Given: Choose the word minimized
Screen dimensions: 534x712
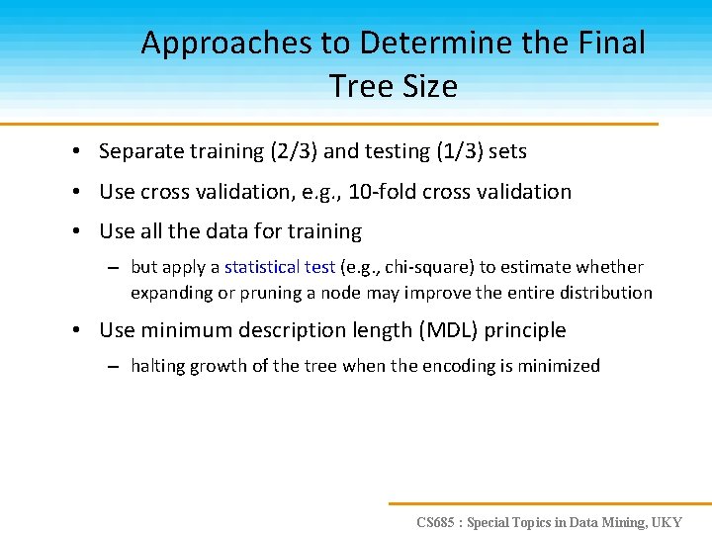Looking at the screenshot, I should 556,366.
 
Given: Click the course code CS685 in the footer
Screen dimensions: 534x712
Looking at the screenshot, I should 437,522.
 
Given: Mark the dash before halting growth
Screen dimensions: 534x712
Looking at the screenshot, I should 114,367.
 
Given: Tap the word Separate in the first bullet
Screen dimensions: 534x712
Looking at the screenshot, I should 136,151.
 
